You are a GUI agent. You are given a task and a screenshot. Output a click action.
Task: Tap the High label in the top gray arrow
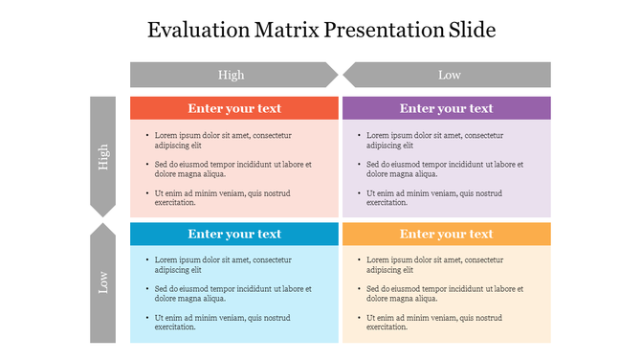(231, 75)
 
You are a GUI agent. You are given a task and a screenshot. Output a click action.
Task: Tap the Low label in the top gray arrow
(450, 75)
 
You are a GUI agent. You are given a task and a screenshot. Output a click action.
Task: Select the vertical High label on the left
(102, 157)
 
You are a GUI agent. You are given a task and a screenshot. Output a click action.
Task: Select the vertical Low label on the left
(102, 282)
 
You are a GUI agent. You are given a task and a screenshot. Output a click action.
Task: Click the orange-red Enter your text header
(234, 108)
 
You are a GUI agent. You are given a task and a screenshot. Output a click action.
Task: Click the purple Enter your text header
(446, 108)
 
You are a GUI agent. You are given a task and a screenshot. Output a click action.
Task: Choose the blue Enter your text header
(234, 234)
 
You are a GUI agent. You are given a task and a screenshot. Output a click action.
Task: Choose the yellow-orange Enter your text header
(446, 234)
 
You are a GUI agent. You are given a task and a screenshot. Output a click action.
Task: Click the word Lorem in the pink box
(166, 136)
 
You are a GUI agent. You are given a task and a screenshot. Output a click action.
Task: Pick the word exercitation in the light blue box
(175, 327)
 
